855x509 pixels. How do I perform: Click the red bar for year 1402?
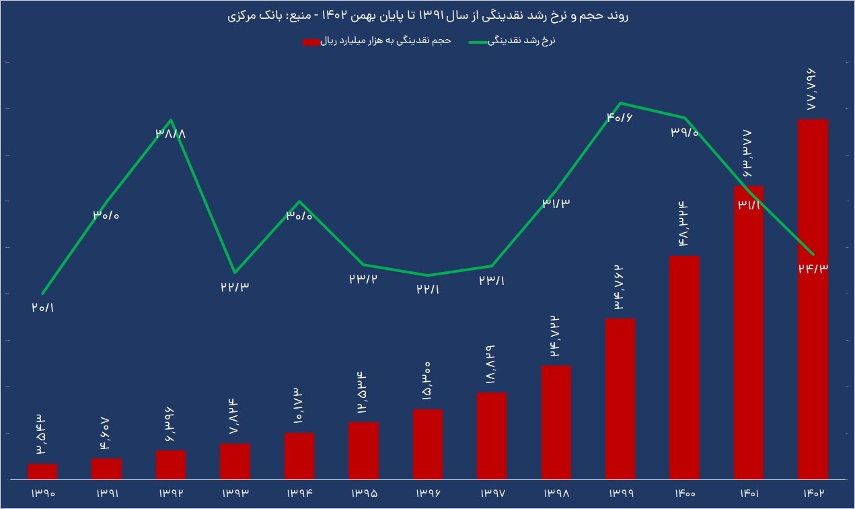(812, 299)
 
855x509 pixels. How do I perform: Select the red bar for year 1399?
(620, 399)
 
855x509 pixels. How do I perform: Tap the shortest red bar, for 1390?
(42, 471)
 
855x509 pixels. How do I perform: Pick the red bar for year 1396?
(427, 444)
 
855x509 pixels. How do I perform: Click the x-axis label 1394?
(299, 494)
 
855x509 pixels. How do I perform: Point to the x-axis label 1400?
(684, 494)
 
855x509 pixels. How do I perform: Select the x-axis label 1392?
(171, 494)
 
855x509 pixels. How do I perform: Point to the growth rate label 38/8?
(170, 133)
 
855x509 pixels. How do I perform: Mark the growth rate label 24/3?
(812, 268)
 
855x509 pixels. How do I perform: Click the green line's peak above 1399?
(620, 103)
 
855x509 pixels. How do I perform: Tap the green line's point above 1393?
(234, 273)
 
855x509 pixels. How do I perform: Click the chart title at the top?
(427, 16)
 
